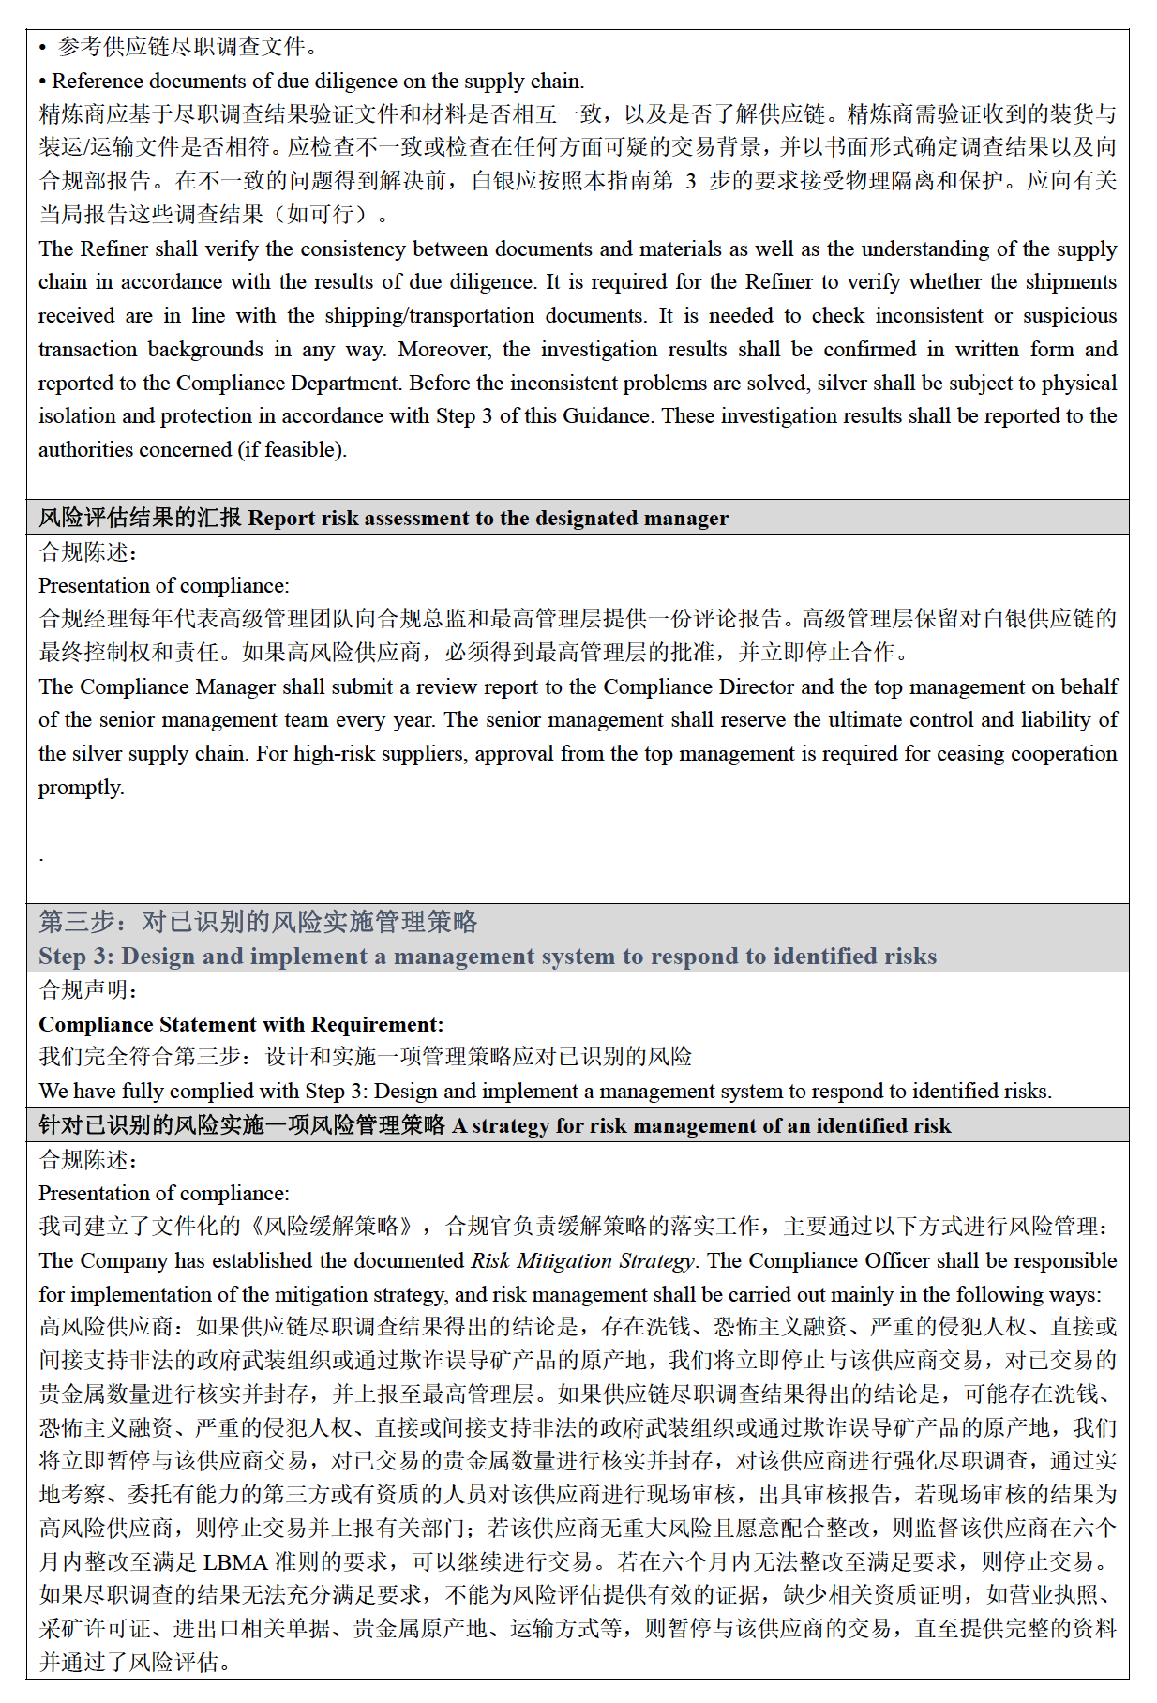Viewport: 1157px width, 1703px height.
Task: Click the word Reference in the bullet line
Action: [x=98, y=81]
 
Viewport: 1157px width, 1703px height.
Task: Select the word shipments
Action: [x=1070, y=282]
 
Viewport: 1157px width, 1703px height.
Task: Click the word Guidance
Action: [x=604, y=416]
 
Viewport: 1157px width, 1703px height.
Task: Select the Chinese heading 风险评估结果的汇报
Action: [x=140, y=518]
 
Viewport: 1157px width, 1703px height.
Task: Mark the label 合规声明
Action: [x=87, y=990]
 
